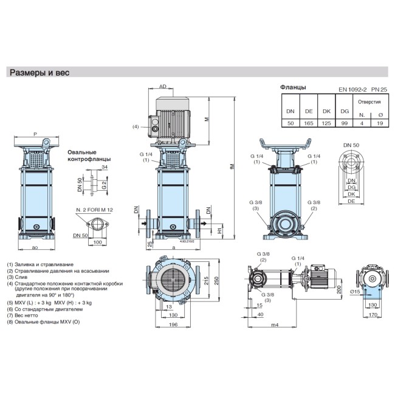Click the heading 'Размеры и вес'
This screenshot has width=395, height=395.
tap(39, 73)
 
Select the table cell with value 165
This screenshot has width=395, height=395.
tap(309, 123)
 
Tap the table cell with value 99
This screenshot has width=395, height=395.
tap(344, 123)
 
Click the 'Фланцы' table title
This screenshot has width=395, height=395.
tap(293, 88)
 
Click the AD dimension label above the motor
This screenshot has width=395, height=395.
tap(162, 87)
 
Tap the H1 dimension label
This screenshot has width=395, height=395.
tap(219, 231)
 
